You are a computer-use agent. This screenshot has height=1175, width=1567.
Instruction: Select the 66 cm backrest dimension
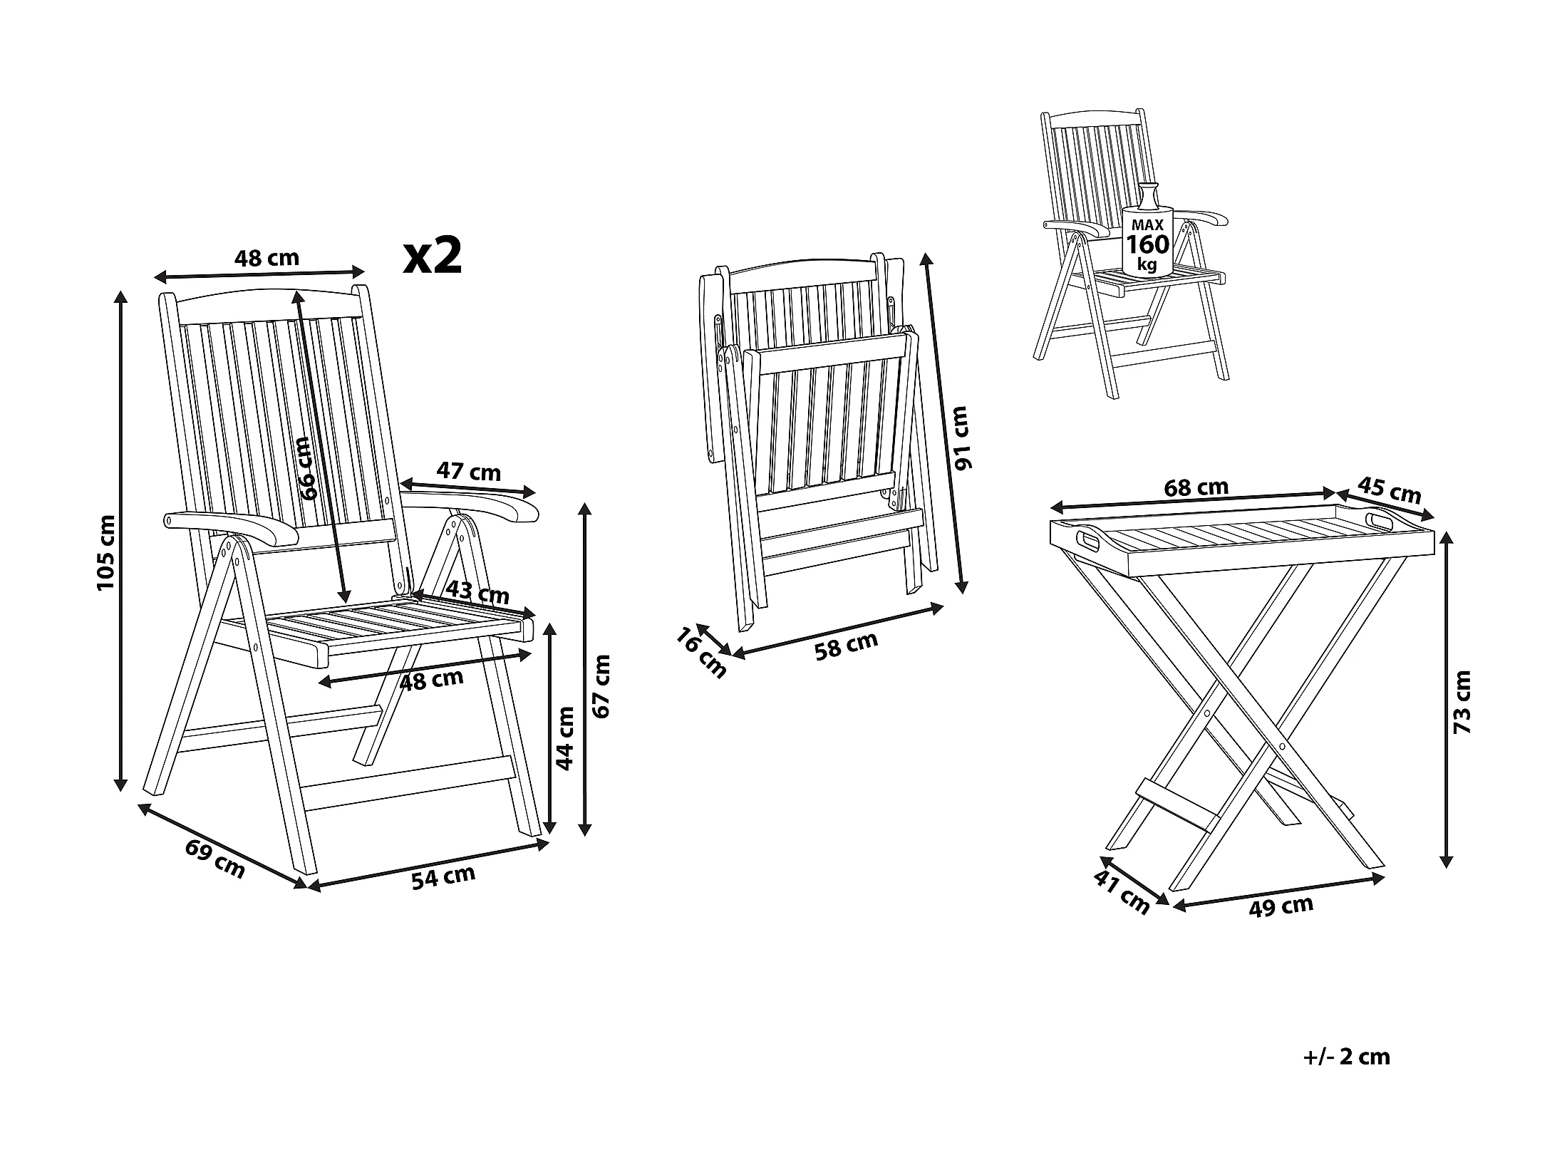[x=306, y=468]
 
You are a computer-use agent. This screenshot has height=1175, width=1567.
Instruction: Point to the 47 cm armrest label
[x=468, y=472]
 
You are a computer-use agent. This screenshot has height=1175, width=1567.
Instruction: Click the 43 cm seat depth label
[x=477, y=592]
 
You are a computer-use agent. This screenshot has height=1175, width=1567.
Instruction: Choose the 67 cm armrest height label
[x=602, y=685]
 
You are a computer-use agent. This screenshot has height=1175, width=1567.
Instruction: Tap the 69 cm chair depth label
[x=214, y=859]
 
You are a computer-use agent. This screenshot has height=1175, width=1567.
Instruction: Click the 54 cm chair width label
[x=443, y=876]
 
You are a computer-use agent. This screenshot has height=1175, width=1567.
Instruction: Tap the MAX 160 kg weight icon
[x=1147, y=232]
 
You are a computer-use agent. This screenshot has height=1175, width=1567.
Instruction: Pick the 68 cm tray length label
[x=1196, y=487]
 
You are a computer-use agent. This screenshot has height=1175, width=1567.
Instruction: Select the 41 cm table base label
[x=1122, y=893]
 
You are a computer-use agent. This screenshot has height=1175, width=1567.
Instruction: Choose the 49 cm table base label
[x=1281, y=906]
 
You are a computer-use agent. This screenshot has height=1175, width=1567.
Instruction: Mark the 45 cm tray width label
[x=1389, y=490]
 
